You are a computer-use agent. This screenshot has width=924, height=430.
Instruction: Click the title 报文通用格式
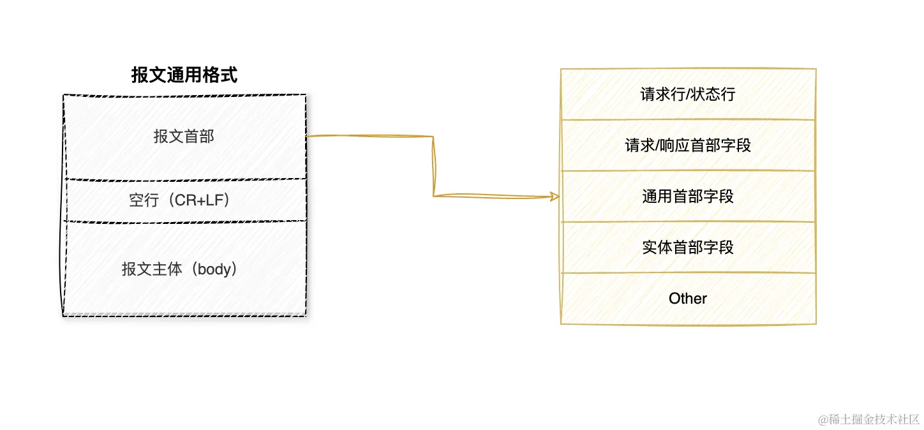coord(184,76)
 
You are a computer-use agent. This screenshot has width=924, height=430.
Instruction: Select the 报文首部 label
coord(184,137)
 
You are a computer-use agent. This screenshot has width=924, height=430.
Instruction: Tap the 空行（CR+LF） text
coord(184,200)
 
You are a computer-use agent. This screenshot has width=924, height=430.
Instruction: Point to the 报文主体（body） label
coord(184,269)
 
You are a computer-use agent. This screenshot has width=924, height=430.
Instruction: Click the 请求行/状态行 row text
coord(688,94)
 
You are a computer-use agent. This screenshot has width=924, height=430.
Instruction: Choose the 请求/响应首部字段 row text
coord(688,145)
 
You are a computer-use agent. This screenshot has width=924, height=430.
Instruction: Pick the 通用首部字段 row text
coord(688,196)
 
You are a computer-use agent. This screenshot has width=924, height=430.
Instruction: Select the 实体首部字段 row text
coord(688,248)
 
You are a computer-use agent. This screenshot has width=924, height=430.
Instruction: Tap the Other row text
coord(688,299)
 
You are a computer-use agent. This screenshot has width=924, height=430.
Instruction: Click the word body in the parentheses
coord(213,269)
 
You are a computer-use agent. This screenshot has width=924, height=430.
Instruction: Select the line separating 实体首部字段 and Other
coord(688,273)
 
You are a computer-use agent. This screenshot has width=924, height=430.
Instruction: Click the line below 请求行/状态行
coord(688,119)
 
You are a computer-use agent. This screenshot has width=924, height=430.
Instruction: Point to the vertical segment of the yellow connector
coord(434,166)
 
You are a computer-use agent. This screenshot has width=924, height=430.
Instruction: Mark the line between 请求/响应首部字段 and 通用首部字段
coord(688,171)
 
